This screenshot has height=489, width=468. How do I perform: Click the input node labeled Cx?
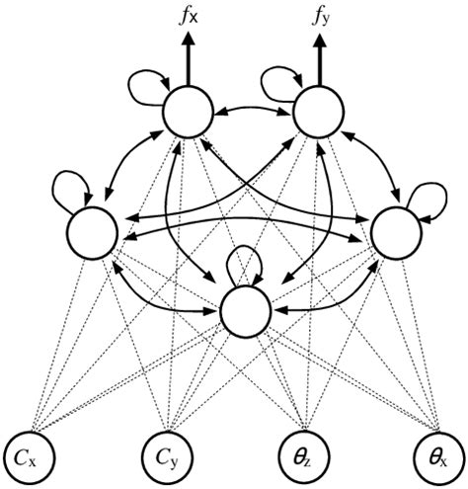tap(31, 457)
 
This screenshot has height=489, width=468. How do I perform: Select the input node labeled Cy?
tap(171, 457)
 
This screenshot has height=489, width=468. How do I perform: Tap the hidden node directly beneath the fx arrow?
tap(189, 115)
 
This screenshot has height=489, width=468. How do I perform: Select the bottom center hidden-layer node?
tap(245, 312)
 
